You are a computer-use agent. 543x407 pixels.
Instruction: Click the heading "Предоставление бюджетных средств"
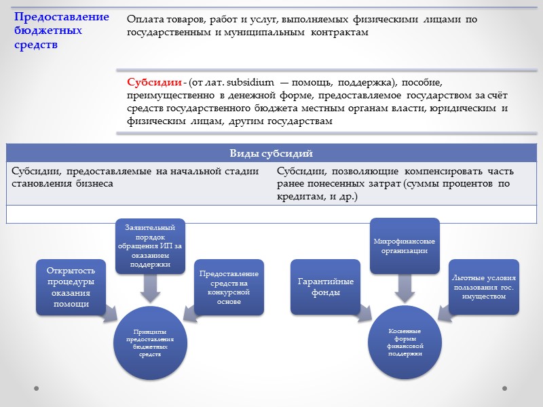(x=61, y=31)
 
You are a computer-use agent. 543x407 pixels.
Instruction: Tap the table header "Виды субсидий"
(x=271, y=153)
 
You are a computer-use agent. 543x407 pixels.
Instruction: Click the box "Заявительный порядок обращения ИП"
(x=149, y=245)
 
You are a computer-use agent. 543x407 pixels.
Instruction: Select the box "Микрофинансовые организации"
(x=405, y=245)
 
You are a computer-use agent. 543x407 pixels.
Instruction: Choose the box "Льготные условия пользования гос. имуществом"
(x=484, y=287)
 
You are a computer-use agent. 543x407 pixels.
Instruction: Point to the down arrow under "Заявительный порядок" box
(x=149, y=289)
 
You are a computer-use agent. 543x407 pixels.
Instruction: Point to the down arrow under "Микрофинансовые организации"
(x=405, y=289)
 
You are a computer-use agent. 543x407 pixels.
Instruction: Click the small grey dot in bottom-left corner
(x=37, y=389)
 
